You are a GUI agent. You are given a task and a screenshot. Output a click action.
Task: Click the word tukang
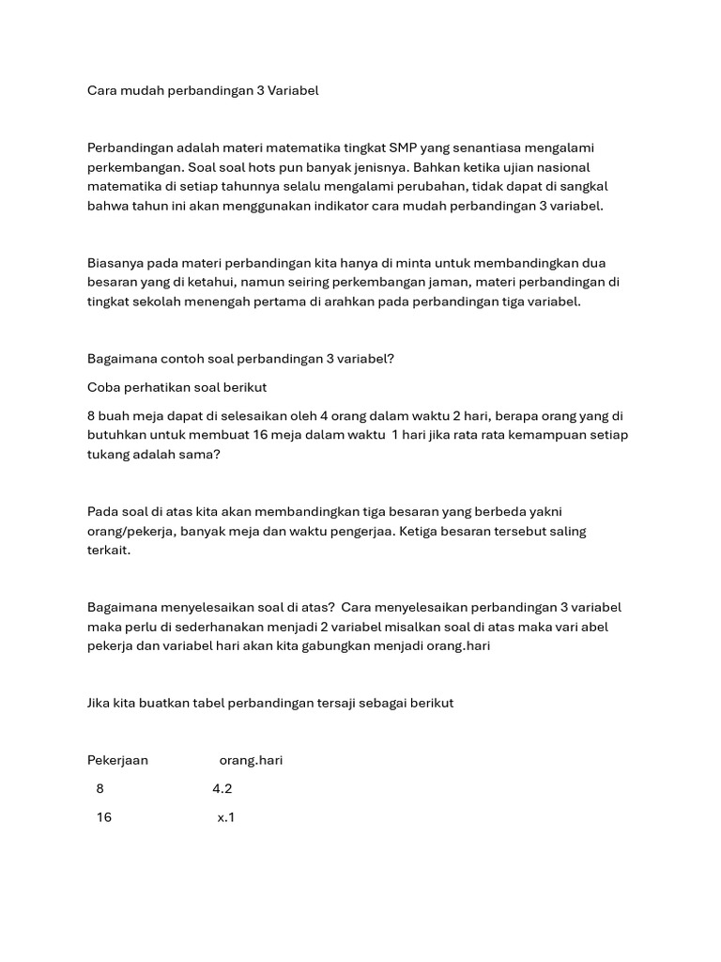point(110,454)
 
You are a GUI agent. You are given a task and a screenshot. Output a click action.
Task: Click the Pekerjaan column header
point(117,760)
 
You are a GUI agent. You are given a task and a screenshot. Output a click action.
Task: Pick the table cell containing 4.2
point(222,789)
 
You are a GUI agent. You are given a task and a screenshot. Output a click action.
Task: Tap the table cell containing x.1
point(226,817)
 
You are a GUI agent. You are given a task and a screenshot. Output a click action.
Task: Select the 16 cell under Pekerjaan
point(104,817)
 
